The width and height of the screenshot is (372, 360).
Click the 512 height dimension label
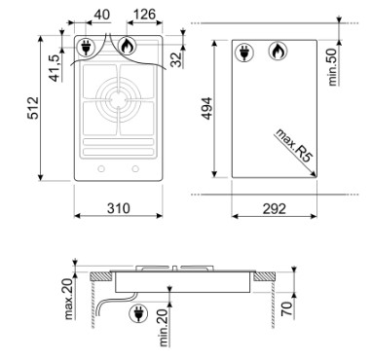coord(33,108)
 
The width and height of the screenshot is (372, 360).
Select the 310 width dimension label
coord(119,208)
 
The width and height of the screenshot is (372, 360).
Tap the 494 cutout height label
coord(206,108)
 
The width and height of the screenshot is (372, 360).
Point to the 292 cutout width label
coord(275,209)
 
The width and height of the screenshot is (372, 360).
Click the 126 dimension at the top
coord(144,15)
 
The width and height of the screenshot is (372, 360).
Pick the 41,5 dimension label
coord(56,68)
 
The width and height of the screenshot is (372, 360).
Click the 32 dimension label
coord(177,59)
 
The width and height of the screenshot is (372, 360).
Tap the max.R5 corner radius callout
coord(294,145)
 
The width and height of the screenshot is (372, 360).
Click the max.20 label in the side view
coord(68,299)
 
